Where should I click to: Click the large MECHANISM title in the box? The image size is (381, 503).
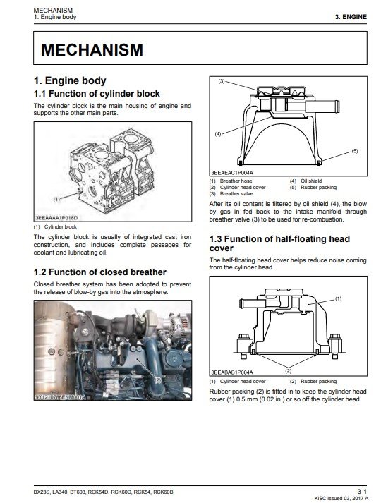[92, 49]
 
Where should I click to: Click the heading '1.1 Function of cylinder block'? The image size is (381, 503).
[97, 94]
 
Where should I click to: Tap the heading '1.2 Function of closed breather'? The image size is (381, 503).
[99, 272]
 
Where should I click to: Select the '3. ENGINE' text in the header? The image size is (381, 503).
[351, 17]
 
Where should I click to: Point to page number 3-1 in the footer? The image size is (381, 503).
[362, 492]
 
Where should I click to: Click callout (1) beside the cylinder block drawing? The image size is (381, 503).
[56, 199]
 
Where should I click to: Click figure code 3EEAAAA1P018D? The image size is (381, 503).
[56, 218]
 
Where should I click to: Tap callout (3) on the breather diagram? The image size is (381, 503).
[222, 81]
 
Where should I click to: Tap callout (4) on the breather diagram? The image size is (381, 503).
[218, 134]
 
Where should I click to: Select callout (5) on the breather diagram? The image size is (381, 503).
[354, 151]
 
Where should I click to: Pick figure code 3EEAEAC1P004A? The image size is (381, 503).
[232, 173]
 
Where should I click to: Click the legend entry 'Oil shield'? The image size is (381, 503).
[311, 181]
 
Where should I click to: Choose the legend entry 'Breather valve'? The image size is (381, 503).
[236, 194]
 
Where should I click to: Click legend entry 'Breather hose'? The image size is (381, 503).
[236, 181]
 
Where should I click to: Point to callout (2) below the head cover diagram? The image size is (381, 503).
[289, 371]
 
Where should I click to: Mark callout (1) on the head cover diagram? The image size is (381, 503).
[338, 298]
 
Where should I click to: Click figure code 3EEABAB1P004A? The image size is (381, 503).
[232, 372]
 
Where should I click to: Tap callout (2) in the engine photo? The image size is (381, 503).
[157, 380]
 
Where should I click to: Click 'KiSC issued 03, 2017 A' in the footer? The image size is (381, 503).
[341, 498]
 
